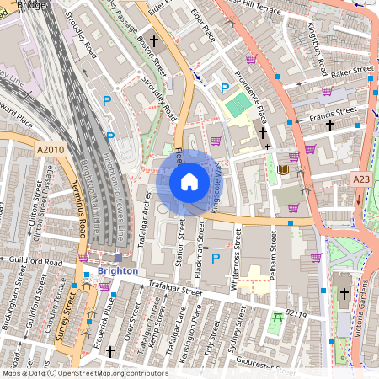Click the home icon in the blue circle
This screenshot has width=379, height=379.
189,181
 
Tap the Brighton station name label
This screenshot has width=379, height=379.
117,271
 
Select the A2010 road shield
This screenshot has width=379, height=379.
51,148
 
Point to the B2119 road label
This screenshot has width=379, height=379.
297,312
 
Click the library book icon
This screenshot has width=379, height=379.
283,170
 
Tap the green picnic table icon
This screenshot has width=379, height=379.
277,318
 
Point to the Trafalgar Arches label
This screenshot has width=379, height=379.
148,219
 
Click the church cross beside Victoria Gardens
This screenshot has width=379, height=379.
344,293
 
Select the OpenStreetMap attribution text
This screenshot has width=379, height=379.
84,372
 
